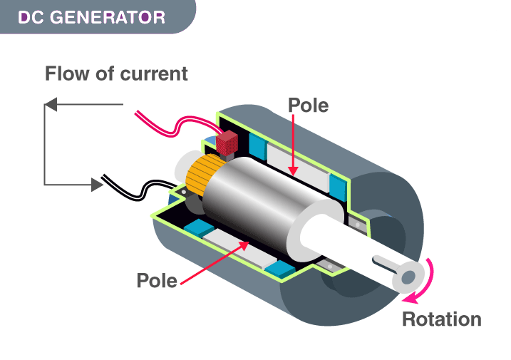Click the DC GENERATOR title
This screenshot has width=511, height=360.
click(91, 16)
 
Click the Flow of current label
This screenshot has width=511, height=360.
click(116, 73)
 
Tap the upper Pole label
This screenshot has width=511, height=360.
click(308, 106)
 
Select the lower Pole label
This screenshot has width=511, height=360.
click(157, 280)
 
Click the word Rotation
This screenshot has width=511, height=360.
click(441, 319)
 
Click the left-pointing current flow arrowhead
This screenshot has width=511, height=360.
click(50, 106)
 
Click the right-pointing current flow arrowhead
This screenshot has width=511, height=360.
click(97, 185)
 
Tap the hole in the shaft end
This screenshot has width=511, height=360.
click(408, 277)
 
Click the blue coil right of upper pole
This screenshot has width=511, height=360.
click(337, 185)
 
